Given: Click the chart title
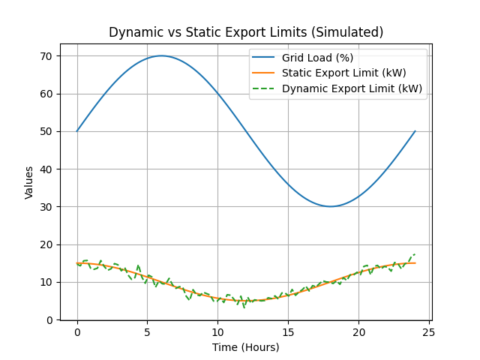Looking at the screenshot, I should [x=246, y=32].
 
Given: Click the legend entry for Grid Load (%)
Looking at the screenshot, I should [x=317, y=58].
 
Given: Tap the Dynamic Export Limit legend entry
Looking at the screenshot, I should [x=352, y=88].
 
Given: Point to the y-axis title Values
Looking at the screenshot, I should [x=29, y=182].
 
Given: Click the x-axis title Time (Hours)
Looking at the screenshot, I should [x=245, y=347].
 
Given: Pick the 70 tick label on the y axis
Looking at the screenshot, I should [x=46, y=56].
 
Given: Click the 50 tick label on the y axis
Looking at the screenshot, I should [x=46, y=131].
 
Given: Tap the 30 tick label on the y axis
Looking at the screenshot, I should [x=46, y=207].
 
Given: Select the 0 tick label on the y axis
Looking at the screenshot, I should [x=49, y=319].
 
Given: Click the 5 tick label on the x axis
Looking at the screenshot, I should [x=148, y=332].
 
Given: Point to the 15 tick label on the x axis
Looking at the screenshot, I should [x=288, y=332].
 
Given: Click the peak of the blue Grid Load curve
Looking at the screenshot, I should [x=161, y=55].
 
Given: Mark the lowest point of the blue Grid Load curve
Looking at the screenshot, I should [x=330, y=206].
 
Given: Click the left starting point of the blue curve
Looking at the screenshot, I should [x=77, y=131].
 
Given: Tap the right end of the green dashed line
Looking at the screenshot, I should [x=415, y=254].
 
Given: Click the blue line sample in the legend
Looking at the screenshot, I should [x=264, y=58].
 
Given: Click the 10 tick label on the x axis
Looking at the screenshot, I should [x=217, y=332].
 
